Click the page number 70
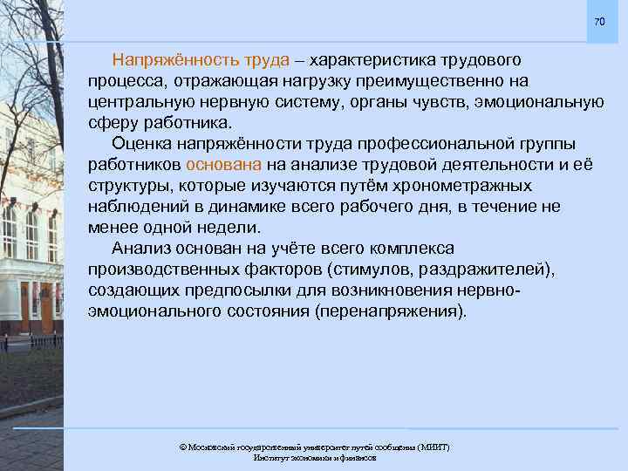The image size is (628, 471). (598, 22)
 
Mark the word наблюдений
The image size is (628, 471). (133, 206)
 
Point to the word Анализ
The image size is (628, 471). (140, 248)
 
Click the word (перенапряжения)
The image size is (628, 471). (393, 311)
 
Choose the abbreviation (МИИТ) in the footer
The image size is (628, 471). (429, 447)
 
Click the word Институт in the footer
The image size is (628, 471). (270, 458)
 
